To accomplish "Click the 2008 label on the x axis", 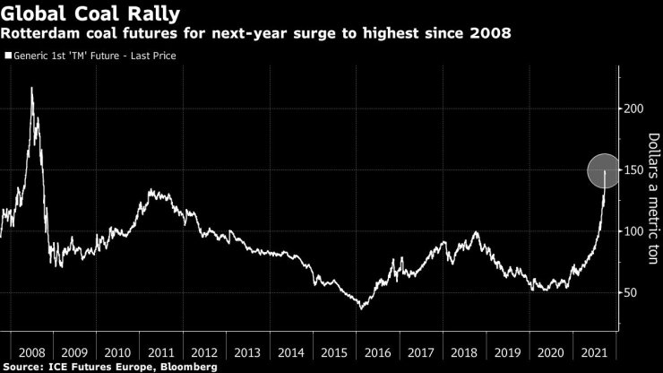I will (x=30, y=351).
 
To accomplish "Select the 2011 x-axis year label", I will (x=161, y=351).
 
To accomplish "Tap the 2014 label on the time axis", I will (x=291, y=351).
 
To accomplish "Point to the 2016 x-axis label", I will (x=377, y=351).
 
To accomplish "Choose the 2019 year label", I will (x=507, y=351).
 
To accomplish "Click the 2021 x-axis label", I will (x=592, y=351).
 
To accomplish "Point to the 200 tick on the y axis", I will (x=634, y=108).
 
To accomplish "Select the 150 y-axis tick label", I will (x=634, y=169).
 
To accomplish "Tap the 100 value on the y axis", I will (x=634, y=231).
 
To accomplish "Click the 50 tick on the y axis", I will (x=631, y=292).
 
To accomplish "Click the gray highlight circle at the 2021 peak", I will (x=606, y=169).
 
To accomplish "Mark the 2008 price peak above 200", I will (x=32, y=89).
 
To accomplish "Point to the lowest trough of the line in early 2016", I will (x=361, y=308).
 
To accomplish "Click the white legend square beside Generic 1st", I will (x=8, y=56).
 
